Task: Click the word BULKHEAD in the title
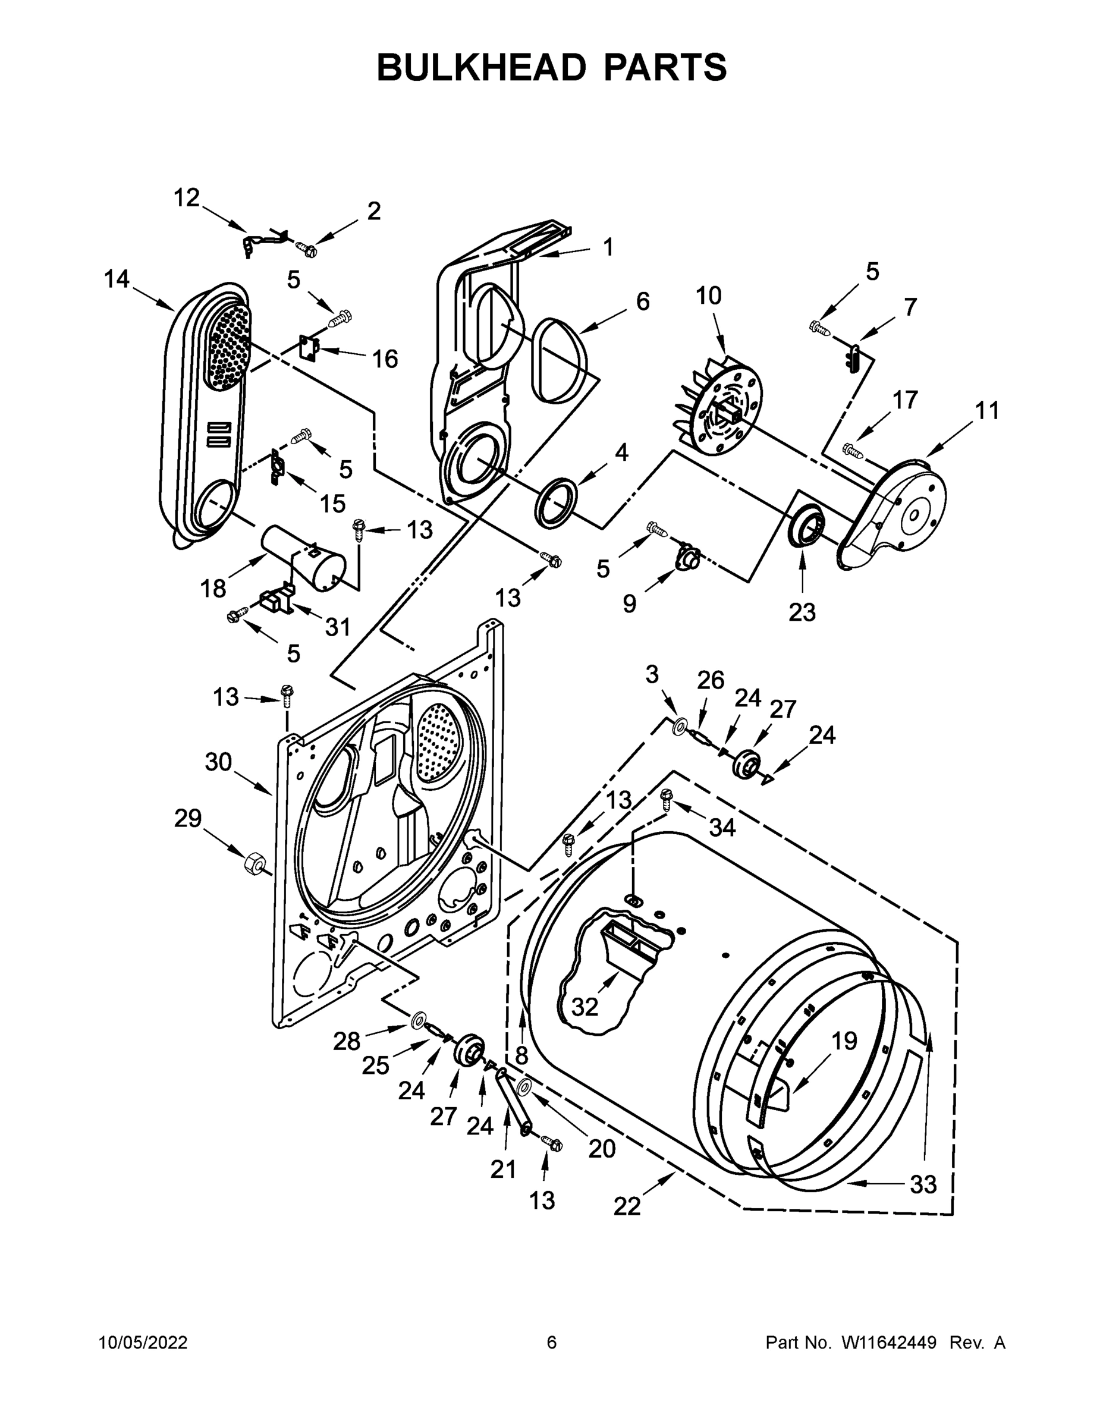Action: [480, 67]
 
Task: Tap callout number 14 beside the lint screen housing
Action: [117, 279]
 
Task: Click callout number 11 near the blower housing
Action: [986, 411]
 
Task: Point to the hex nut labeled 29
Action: [253, 864]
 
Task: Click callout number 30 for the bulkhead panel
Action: [218, 762]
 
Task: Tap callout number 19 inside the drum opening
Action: [844, 1041]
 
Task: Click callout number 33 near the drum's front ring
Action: [923, 1184]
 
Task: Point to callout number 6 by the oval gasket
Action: [643, 302]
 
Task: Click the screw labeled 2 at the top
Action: [306, 249]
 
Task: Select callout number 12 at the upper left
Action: [186, 198]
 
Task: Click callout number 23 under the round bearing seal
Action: [802, 612]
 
